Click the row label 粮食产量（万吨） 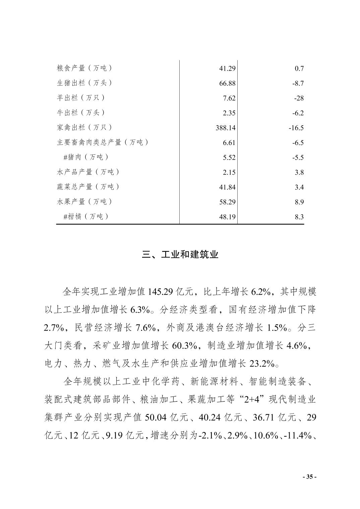point(84,68)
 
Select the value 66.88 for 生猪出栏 point(227,83)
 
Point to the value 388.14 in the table point(225,128)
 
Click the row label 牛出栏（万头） point(80,113)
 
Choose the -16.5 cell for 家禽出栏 point(296,128)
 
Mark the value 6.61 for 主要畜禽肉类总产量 point(229,143)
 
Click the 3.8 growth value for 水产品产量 point(299,172)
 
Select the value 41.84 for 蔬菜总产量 point(227,187)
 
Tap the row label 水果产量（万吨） point(84,202)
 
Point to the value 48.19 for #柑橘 point(227,217)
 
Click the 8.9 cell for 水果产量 point(299,202)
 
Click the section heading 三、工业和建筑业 point(180,255)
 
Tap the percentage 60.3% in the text point(184,346)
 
